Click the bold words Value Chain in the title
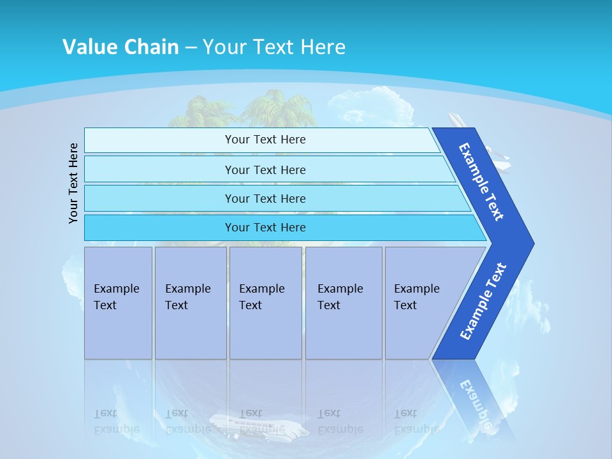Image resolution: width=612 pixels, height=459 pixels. [x=120, y=47]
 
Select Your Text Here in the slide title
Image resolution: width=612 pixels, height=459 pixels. [x=274, y=47]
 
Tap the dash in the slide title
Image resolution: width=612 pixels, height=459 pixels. [x=191, y=47]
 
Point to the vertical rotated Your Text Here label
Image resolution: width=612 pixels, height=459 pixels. [x=73, y=183]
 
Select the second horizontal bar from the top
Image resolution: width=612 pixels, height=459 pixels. [x=265, y=170]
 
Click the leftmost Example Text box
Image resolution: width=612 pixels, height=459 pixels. [x=118, y=302]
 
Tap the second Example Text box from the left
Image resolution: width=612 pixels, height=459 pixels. [x=191, y=302]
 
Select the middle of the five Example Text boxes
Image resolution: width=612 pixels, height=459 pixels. [x=265, y=302]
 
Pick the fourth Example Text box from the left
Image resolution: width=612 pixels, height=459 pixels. [x=344, y=302]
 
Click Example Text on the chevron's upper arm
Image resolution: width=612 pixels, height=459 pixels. [x=481, y=182]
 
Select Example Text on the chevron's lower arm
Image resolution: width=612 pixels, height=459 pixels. [x=483, y=301]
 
